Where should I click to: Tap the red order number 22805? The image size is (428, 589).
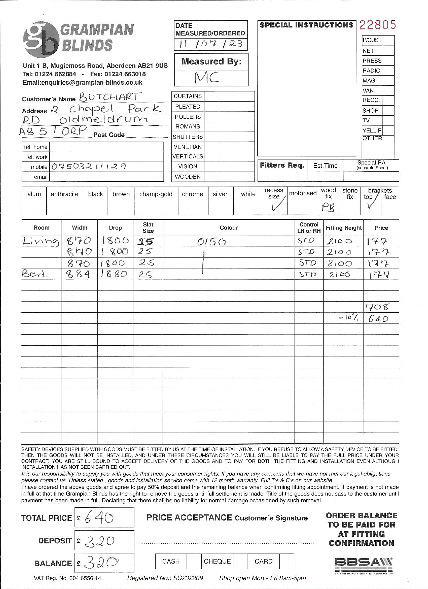point(378,25)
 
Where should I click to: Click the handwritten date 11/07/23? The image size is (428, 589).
point(210,44)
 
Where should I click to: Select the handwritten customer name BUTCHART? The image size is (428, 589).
point(110,97)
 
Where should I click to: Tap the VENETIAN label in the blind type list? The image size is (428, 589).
point(188,147)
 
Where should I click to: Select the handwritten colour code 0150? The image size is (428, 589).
point(211,242)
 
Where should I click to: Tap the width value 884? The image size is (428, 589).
point(79,274)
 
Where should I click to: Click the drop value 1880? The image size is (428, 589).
point(114,274)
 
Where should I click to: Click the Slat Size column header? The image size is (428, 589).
point(148,227)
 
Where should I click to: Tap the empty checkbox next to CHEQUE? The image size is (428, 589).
point(240,561)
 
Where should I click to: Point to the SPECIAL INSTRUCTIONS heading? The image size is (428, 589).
point(306,25)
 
